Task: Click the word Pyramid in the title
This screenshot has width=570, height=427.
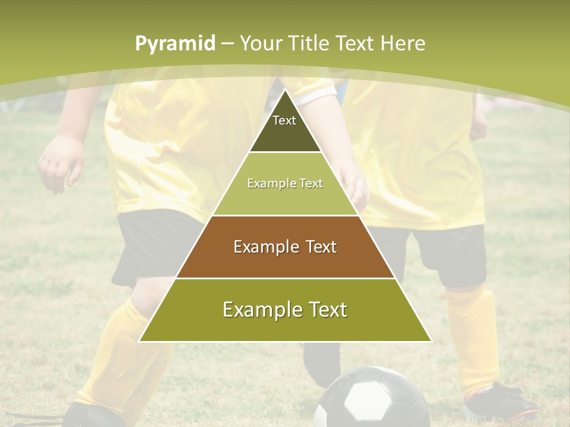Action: click(x=175, y=44)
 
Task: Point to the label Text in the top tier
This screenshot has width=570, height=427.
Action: click(x=284, y=120)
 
